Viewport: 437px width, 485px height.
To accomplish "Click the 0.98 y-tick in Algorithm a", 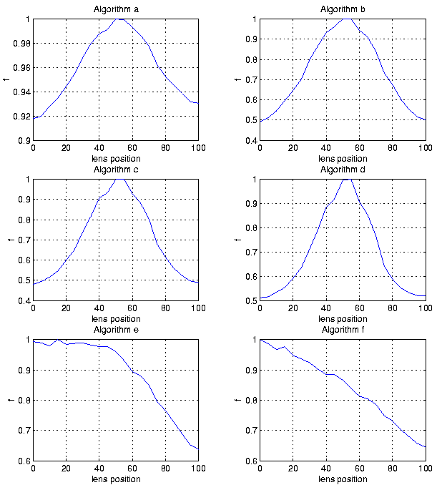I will (21, 44).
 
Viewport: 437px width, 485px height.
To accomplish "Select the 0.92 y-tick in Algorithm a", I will (21, 117).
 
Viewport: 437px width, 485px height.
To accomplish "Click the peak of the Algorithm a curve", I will (120, 19).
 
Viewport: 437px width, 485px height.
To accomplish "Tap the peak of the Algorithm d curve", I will (346, 180).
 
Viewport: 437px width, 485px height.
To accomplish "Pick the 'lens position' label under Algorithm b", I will (342, 158).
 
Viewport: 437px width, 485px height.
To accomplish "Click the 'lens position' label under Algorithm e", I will (115, 479).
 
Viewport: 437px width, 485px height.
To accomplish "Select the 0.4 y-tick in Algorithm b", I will (250, 141).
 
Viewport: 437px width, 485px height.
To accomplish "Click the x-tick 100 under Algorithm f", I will (425, 469).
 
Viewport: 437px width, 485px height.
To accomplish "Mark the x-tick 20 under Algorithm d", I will (293, 308).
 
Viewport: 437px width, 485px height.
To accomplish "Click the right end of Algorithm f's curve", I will (425, 447).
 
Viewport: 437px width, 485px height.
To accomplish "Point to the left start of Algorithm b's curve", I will (260, 121).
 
